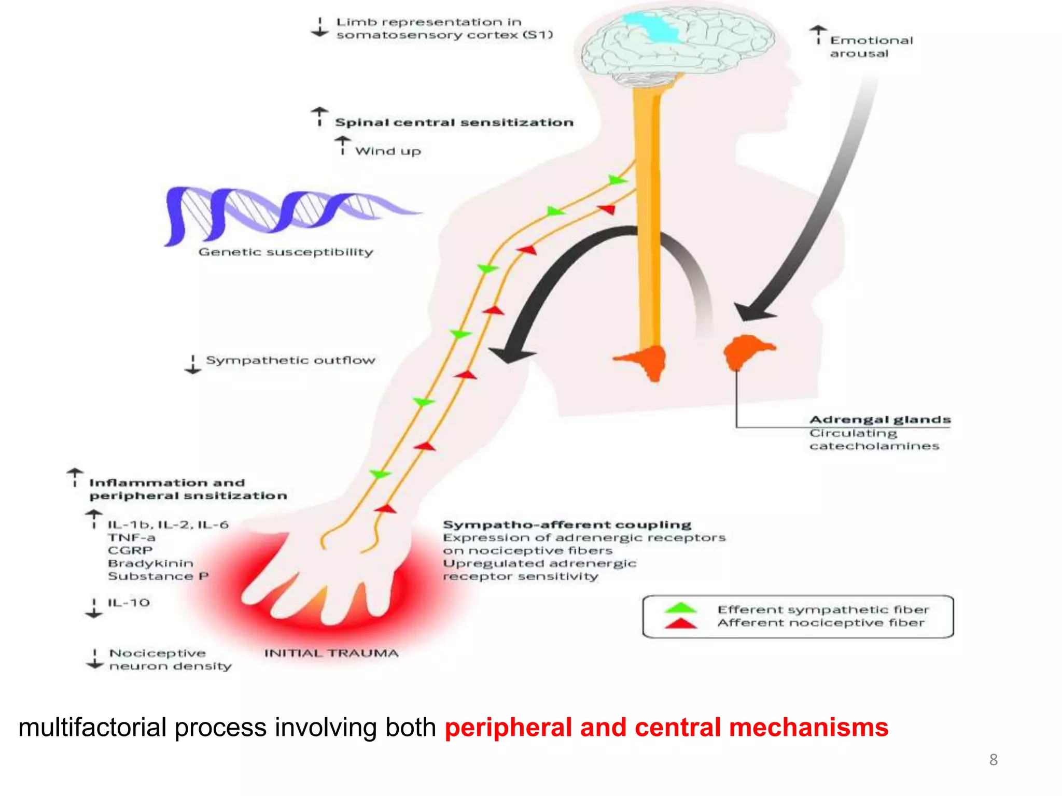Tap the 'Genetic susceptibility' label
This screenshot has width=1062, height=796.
286,252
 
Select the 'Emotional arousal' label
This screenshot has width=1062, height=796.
871,47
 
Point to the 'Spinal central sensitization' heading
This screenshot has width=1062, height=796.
454,123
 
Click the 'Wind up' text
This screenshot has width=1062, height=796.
388,151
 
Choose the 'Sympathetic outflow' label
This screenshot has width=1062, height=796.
290,360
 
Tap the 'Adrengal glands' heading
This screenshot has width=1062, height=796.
880,419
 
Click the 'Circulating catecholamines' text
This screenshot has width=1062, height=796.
874,439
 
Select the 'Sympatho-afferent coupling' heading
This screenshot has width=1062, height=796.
567,524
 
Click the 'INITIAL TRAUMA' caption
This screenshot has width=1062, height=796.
331,653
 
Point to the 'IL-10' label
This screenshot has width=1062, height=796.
129,603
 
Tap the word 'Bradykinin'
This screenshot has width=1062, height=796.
150,563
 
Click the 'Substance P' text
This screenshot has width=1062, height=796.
158,576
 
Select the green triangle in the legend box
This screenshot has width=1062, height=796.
680,608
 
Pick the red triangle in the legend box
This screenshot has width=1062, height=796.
680,623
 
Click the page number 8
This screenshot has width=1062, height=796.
993,760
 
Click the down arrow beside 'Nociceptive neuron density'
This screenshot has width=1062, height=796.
94,659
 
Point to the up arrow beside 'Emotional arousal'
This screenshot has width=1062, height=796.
818,34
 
